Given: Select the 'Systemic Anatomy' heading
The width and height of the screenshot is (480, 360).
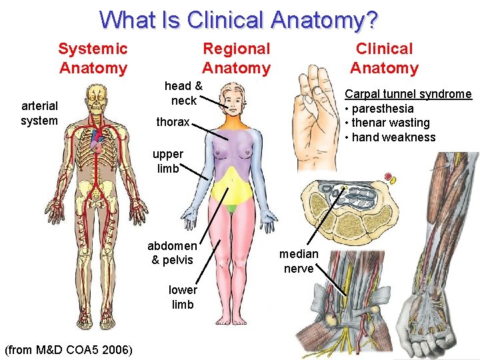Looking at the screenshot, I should click(x=93, y=58).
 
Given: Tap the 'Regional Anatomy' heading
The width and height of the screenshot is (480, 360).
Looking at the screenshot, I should click(x=236, y=58).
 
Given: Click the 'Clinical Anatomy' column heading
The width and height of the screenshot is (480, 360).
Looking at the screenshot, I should click(x=384, y=58).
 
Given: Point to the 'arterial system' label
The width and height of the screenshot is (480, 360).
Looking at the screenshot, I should click(x=39, y=113).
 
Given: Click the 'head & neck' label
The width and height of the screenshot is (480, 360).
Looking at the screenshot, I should click(x=183, y=93).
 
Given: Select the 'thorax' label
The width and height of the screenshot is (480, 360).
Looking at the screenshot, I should click(x=173, y=122).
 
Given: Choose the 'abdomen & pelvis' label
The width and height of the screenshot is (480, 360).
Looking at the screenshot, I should click(x=172, y=253).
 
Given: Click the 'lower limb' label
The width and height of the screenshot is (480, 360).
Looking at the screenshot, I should click(x=182, y=297).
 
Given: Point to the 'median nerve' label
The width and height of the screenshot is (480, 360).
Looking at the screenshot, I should click(x=299, y=261).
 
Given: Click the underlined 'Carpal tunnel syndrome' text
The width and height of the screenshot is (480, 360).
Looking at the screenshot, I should click(x=408, y=94).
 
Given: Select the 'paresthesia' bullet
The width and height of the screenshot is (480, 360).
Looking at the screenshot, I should click(x=382, y=109).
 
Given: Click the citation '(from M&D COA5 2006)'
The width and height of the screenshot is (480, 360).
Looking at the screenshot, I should click(x=68, y=350).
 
